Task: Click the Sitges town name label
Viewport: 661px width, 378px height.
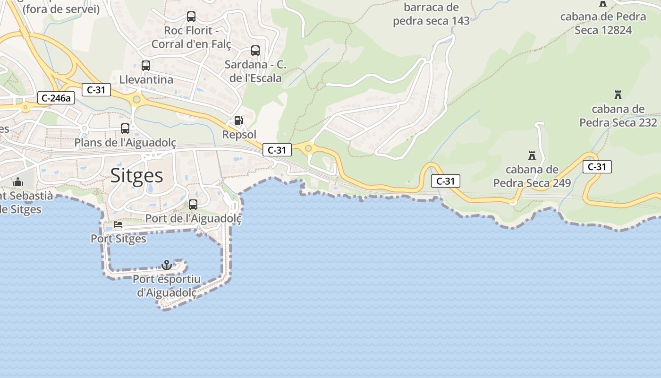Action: pyautogui.click(x=136, y=175)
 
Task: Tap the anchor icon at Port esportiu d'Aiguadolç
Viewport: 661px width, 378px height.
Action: pyautogui.click(x=166, y=265)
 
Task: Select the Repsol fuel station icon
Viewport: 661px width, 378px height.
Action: pyautogui.click(x=239, y=120)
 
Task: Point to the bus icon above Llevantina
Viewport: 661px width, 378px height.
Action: pyautogui.click(x=146, y=65)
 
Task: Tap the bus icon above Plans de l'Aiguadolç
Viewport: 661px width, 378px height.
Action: pyautogui.click(x=125, y=128)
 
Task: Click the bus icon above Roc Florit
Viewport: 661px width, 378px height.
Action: pyautogui.click(x=191, y=17)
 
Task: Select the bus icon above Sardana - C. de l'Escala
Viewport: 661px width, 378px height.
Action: pyautogui.click(x=255, y=50)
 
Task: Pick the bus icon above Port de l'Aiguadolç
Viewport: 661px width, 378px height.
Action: pyautogui.click(x=193, y=205)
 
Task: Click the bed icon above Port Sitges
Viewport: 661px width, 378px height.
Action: pyautogui.click(x=118, y=224)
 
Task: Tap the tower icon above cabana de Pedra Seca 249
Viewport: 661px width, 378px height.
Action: pyautogui.click(x=532, y=155)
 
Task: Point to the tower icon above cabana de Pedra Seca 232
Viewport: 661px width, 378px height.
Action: pyautogui.click(x=618, y=94)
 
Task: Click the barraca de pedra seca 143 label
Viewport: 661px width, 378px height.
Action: pyautogui.click(x=431, y=14)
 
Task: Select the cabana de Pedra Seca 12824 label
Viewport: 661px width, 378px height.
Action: pyautogui.click(x=603, y=23)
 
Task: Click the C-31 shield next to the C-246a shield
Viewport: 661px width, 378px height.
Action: pyautogui.click(x=96, y=90)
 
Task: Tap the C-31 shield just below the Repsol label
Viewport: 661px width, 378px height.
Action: pyautogui.click(x=277, y=150)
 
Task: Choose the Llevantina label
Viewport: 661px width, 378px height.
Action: pyautogui.click(x=146, y=79)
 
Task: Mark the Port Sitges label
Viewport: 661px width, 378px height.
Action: pyautogui.click(x=119, y=239)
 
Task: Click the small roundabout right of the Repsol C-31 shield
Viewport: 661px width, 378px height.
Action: pyautogui.click(x=309, y=149)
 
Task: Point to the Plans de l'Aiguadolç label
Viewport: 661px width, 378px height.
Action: pyautogui.click(x=125, y=142)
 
